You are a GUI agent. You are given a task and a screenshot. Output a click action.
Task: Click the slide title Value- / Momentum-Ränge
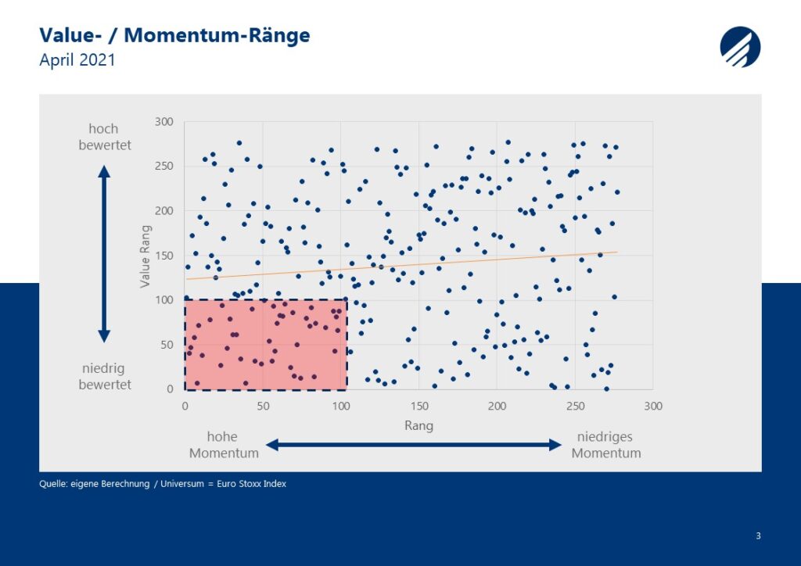pyautogui.click(x=174, y=36)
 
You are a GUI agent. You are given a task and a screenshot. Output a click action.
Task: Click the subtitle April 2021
pyautogui.click(x=77, y=59)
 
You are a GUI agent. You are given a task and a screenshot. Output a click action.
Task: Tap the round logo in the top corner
pyautogui.click(x=740, y=47)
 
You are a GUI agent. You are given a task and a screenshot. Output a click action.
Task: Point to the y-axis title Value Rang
pyautogui.click(x=145, y=256)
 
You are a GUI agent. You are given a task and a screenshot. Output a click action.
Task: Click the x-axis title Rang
pyautogui.click(x=419, y=425)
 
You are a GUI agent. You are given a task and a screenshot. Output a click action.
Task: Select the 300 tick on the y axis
pyautogui.click(x=164, y=121)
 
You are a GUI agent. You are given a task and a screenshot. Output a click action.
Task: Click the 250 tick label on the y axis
pyautogui.click(x=164, y=166)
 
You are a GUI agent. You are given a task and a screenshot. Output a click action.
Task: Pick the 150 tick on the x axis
pyautogui.click(x=419, y=407)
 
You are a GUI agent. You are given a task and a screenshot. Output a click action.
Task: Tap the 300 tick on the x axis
pyautogui.click(x=653, y=407)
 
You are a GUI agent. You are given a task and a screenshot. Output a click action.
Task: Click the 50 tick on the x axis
pyautogui.click(x=263, y=407)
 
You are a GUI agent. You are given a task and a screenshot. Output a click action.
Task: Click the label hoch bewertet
pyautogui.click(x=105, y=137)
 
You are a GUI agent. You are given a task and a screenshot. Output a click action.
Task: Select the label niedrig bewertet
pyautogui.click(x=105, y=376)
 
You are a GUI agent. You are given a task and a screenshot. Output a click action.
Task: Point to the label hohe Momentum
pyautogui.click(x=224, y=445)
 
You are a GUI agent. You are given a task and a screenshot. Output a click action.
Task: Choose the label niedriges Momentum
pyautogui.click(x=606, y=445)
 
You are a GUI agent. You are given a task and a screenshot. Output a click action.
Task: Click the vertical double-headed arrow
pyautogui.click(x=104, y=253)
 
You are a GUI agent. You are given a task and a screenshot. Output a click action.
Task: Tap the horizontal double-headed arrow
pyautogui.click(x=414, y=445)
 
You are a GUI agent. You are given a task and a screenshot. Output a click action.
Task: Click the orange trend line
pyautogui.click(x=402, y=265)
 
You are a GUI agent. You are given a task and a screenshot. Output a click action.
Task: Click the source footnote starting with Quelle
pyautogui.click(x=163, y=484)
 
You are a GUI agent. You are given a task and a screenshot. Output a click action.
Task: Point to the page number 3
pyautogui.click(x=758, y=536)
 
